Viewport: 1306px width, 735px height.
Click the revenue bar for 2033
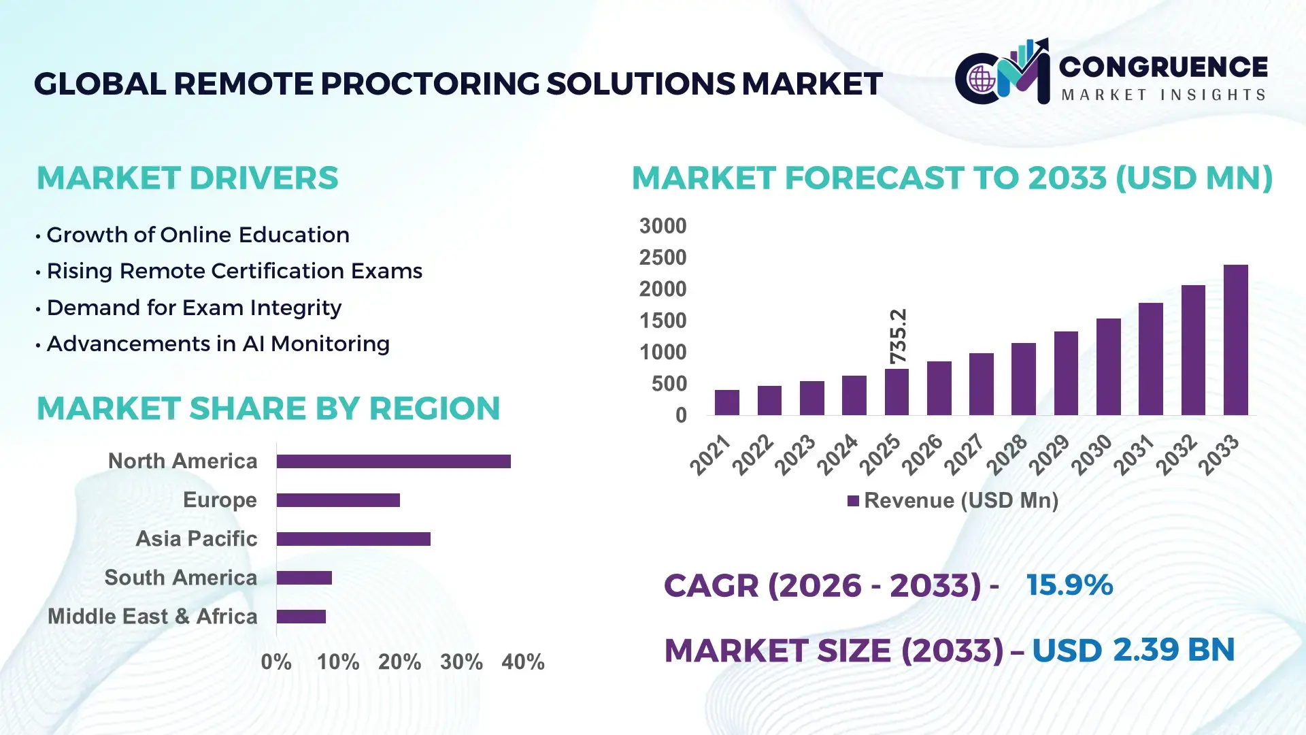(1235, 340)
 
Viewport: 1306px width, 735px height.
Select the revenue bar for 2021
(726, 402)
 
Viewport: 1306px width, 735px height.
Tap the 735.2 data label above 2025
(898, 336)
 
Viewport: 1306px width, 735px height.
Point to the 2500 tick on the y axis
(663, 257)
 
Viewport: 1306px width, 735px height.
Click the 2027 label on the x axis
(965, 454)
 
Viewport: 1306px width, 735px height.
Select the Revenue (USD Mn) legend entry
(952, 501)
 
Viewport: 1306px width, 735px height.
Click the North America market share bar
(393, 461)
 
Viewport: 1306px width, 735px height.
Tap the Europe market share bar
(338, 500)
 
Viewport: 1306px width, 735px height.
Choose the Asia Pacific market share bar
(353, 539)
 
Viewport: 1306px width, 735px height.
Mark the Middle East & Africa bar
(301, 617)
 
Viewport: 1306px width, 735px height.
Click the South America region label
(180, 578)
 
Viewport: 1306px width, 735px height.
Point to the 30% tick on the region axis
(461, 661)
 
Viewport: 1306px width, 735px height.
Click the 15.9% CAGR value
(1069, 585)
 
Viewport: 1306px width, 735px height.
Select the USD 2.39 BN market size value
(1133, 650)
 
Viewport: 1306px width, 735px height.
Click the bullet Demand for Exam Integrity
(194, 308)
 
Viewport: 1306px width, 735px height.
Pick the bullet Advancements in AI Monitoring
(218, 344)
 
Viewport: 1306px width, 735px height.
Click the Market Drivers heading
(187, 178)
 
